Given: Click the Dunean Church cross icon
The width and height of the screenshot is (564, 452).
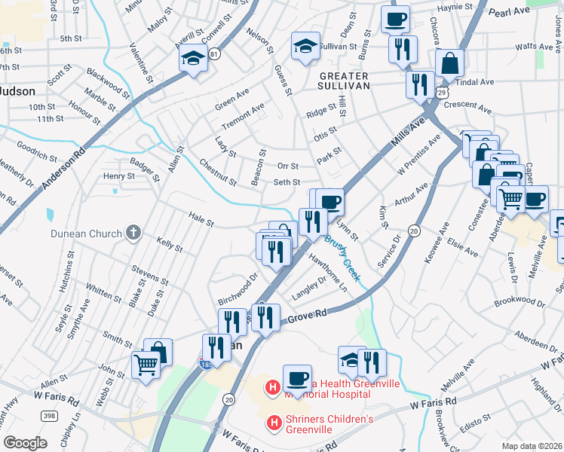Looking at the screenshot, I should coord(133,233).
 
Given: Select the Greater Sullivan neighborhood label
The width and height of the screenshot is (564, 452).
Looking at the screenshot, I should coord(343,81).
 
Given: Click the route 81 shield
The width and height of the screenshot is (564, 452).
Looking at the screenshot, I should coord(216,54).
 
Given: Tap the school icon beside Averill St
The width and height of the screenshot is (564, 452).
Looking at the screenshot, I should coord(193,57).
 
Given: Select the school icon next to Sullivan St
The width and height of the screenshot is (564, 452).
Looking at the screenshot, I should coord(305,47).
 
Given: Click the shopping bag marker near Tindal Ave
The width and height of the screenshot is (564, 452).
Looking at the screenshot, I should coord(449,65).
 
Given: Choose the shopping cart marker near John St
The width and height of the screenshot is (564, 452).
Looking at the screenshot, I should coord(146,365).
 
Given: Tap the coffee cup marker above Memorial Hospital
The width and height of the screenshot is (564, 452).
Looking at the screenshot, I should coord(297,377).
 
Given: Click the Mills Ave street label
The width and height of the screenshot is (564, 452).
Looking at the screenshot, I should coord(406,132).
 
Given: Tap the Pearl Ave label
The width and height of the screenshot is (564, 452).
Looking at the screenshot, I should coord(510,12).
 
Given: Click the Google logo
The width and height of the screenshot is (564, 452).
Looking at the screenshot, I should coord(25,443).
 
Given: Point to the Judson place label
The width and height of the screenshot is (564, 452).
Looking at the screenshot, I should coord(17,90).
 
